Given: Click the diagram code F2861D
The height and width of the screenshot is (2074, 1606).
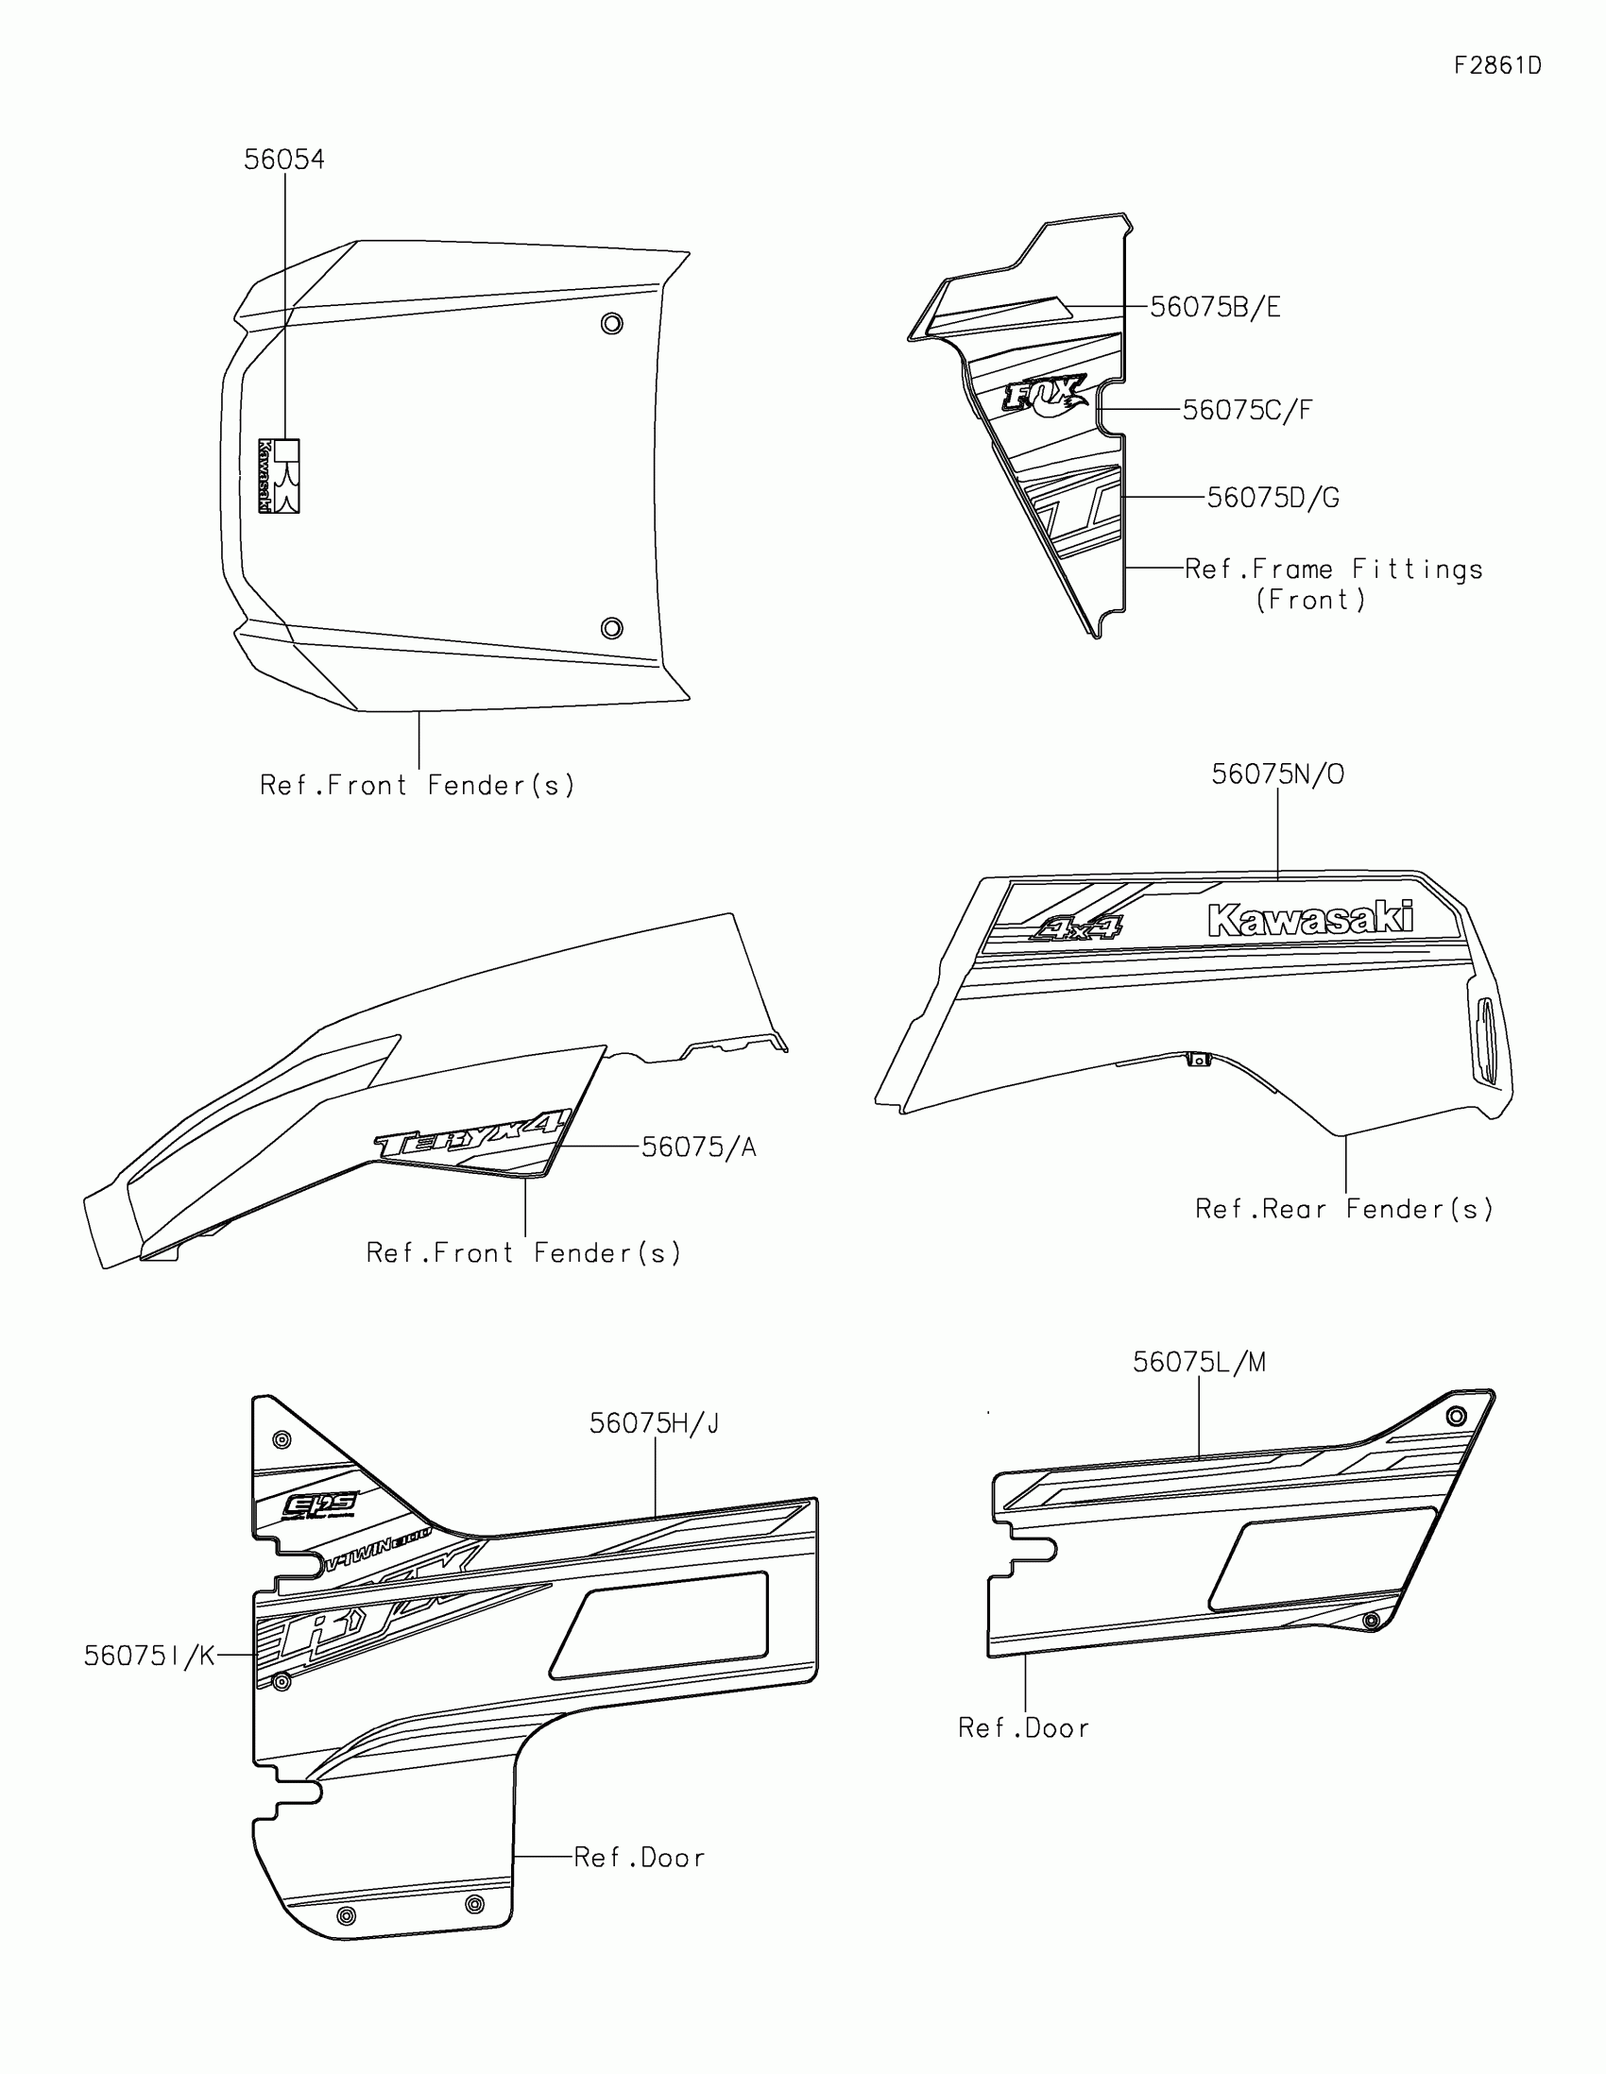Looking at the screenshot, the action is pyautogui.click(x=1496, y=65).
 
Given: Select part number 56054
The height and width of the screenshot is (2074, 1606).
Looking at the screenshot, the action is pyautogui.click(x=284, y=160).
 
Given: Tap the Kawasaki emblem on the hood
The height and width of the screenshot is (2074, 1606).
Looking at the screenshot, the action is pyautogui.click(x=280, y=476).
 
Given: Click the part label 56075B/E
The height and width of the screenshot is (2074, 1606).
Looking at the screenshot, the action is pyautogui.click(x=1215, y=307).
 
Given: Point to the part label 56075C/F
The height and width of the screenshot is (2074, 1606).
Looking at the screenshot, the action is pyautogui.click(x=1247, y=410).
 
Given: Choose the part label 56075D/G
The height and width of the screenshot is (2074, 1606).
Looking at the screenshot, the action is pyautogui.click(x=1273, y=498).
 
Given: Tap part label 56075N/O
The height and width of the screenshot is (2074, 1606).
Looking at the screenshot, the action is pyautogui.click(x=1277, y=773).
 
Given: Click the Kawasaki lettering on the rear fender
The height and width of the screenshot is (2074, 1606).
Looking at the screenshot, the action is pyautogui.click(x=1309, y=919).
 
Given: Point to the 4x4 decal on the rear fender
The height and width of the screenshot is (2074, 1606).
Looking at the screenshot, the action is pyautogui.click(x=1076, y=926).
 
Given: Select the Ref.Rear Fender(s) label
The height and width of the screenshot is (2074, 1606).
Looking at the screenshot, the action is pyautogui.click(x=1343, y=1209).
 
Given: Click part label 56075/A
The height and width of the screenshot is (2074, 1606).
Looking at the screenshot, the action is pyautogui.click(x=698, y=1147).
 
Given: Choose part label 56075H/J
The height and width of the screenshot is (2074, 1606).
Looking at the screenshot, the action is pyautogui.click(x=655, y=1423).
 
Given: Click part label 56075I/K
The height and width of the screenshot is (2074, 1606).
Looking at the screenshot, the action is pyautogui.click(x=149, y=1657).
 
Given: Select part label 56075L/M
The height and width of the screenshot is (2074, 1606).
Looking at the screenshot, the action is pyautogui.click(x=1199, y=1363).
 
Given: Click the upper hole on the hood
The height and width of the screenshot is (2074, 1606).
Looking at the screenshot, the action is pyautogui.click(x=611, y=324).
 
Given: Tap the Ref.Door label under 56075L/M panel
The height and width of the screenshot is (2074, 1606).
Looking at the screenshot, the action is pyautogui.click(x=1023, y=1727).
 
